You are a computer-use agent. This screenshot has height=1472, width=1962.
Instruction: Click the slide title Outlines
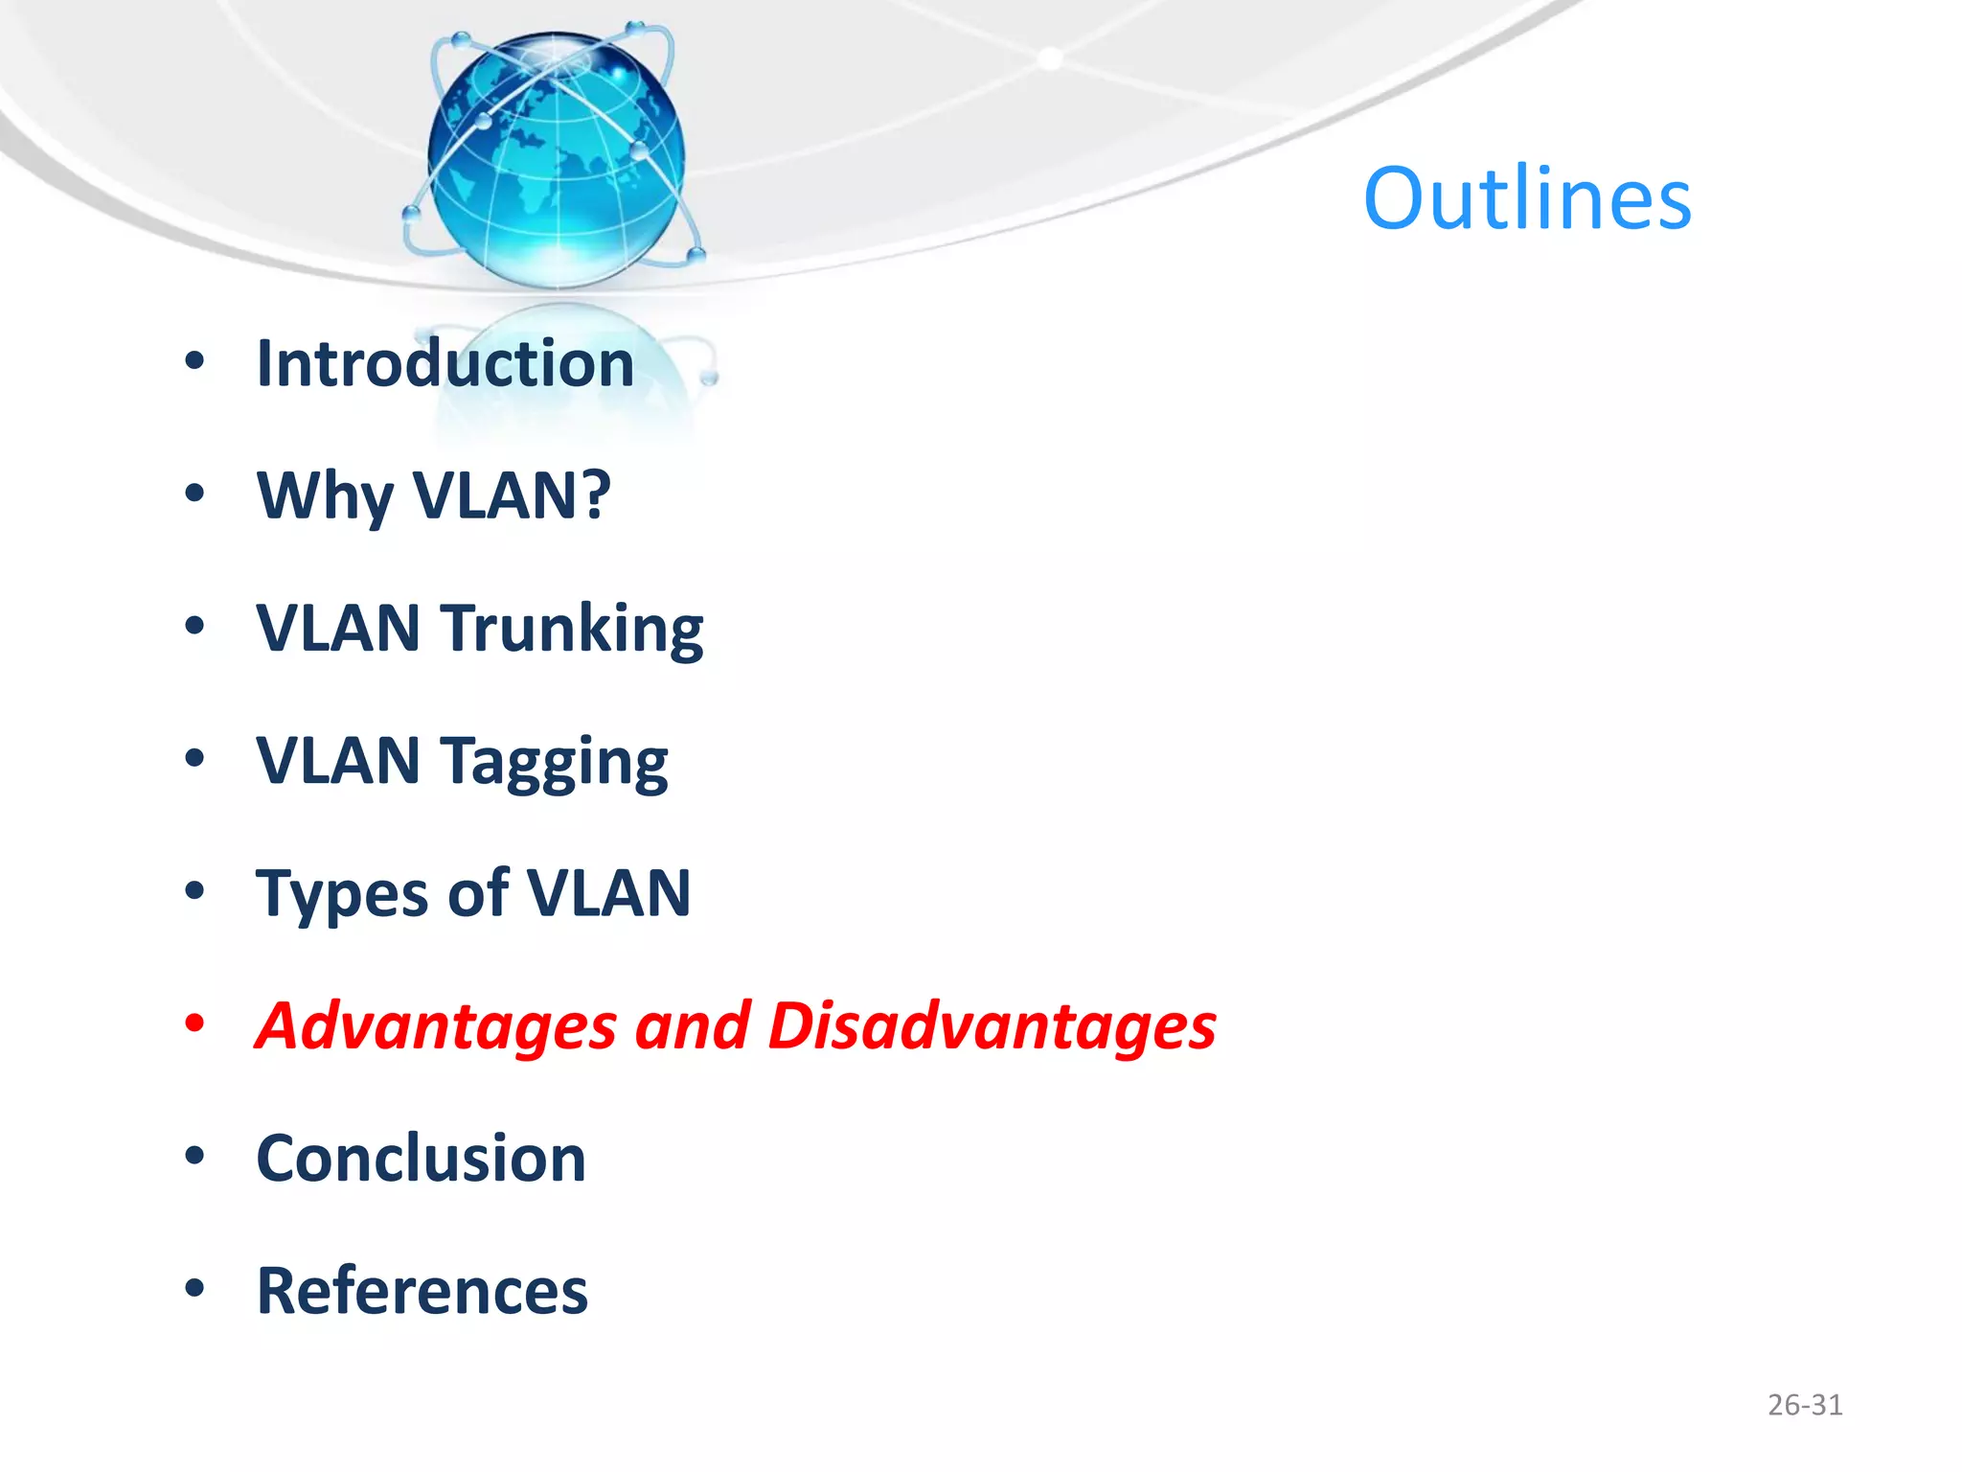coord(1527,199)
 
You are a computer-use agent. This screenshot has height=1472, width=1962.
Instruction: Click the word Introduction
coord(445,364)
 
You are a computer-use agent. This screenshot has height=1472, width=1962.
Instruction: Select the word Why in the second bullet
coord(325,496)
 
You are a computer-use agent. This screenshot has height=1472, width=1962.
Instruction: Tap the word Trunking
coord(572,630)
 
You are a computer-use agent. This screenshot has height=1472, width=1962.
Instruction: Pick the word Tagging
coord(554,763)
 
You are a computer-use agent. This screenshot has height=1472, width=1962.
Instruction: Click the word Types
coord(341,895)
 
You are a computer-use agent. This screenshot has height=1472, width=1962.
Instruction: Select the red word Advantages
coord(436,1026)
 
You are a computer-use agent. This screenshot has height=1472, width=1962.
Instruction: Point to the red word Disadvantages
coord(992,1026)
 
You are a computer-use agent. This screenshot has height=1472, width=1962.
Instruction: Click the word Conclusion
coord(422,1159)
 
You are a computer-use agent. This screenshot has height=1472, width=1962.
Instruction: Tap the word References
coord(422,1291)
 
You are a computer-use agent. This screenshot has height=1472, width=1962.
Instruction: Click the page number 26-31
coord(1804,1405)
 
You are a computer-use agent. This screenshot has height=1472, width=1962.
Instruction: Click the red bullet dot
coord(194,1023)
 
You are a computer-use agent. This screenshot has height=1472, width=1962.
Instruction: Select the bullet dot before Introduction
coord(194,361)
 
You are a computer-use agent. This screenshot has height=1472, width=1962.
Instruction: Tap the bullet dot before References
coord(194,1289)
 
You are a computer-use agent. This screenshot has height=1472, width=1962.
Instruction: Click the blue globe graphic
coord(556,158)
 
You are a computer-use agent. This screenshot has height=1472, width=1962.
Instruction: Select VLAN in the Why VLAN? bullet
coord(511,496)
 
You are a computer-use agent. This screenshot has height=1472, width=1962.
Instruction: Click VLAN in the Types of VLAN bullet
coord(608,893)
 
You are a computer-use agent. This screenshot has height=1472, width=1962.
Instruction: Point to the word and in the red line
coord(692,1026)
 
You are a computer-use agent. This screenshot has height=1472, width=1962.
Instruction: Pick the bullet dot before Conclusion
coord(194,1156)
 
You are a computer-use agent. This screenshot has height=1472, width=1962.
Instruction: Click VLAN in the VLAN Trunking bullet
coord(338,629)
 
